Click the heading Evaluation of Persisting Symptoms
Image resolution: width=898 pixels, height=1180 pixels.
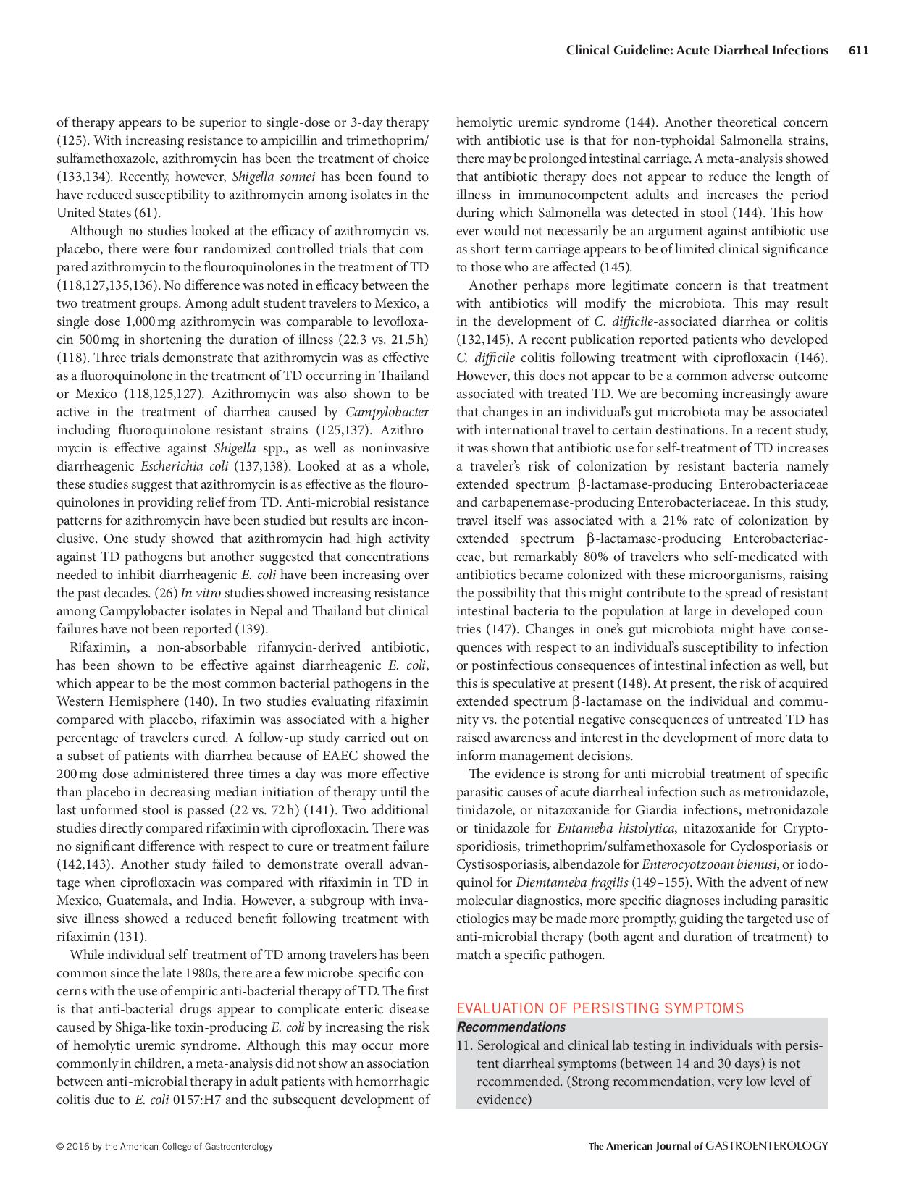coord(600,1008)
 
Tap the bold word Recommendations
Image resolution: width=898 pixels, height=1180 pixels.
coord(511,1027)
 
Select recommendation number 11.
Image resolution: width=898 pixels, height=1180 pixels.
coord(465,1045)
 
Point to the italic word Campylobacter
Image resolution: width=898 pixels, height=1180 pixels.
coord(387,412)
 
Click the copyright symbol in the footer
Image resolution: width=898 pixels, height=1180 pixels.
coord(60,1147)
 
